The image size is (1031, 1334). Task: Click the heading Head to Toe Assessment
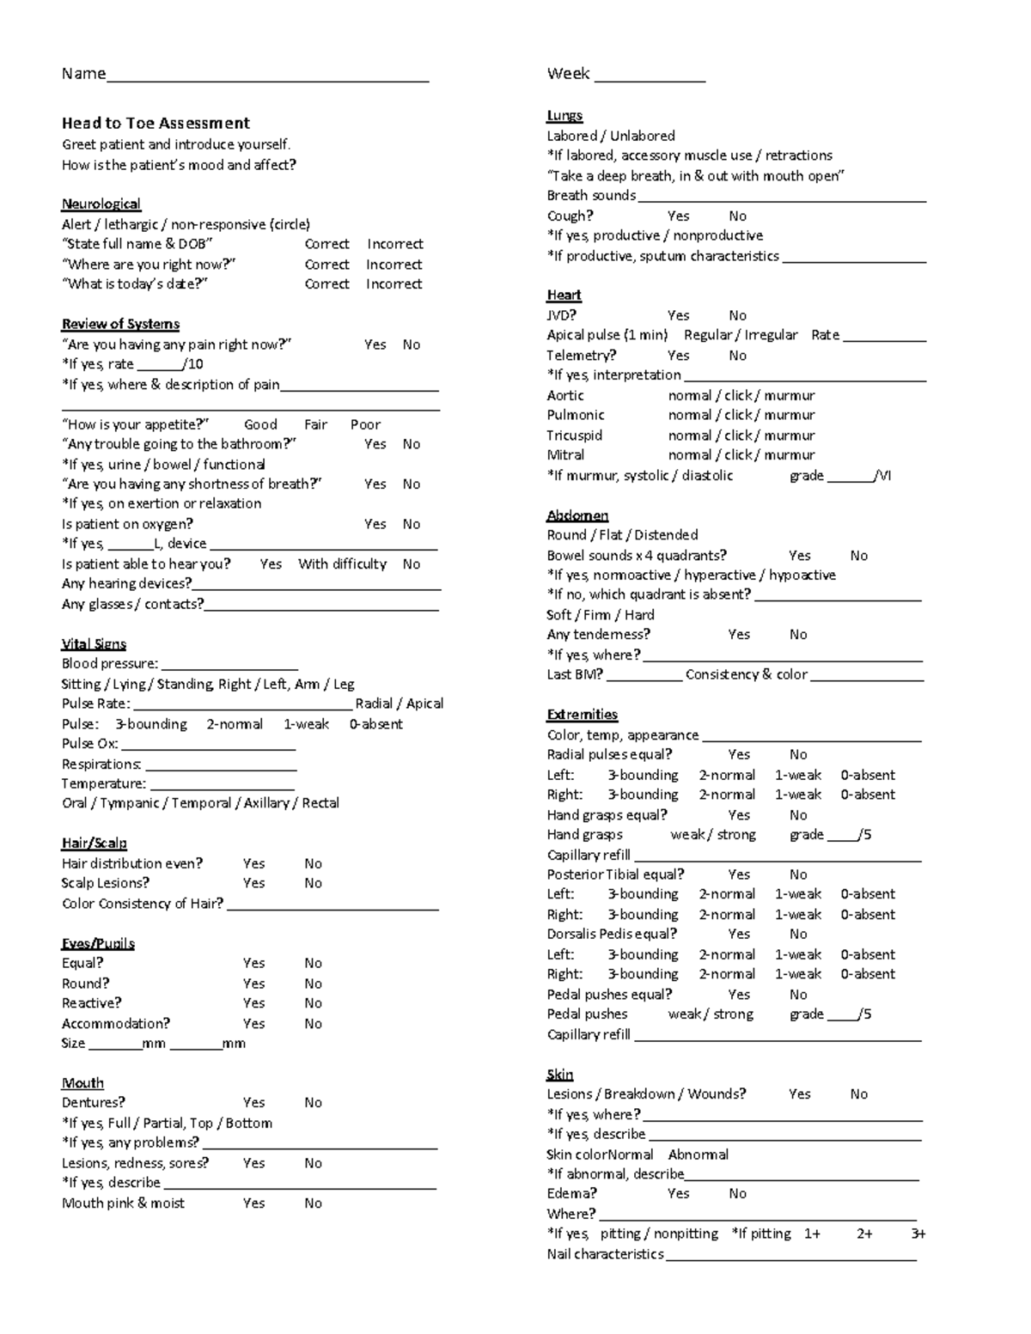point(156,123)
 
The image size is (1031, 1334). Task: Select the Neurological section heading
point(101,204)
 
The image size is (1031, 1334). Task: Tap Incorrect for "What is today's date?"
point(393,284)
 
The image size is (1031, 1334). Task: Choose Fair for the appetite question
point(315,424)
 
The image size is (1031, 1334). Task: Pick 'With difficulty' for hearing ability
point(342,564)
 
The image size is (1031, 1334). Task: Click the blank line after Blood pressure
point(229,665)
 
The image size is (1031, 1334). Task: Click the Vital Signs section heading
point(94,644)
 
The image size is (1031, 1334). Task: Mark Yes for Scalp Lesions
point(253,883)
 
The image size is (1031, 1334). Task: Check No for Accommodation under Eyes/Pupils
point(313,1024)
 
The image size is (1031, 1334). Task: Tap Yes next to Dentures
point(253,1103)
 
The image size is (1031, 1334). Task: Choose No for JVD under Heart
point(737,315)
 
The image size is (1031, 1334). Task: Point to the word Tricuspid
point(574,436)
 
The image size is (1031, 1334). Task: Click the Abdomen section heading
point(577,515)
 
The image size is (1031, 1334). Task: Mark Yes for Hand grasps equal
point(739,815)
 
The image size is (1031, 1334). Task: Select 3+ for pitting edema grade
point(918,1233)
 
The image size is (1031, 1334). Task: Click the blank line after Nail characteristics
point(790,1256)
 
